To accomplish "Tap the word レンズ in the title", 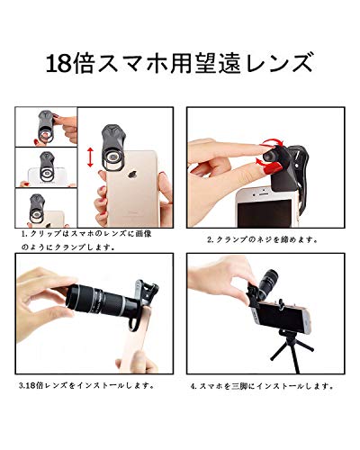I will tap(282, 66).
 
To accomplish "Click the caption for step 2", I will tap(261, 239).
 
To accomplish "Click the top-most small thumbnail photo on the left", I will tap(45, 128).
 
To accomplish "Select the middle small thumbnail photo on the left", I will tap(45, 168).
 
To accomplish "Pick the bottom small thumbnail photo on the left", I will tap(45, 208).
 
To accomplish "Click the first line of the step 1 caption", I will tap(90, 232).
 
